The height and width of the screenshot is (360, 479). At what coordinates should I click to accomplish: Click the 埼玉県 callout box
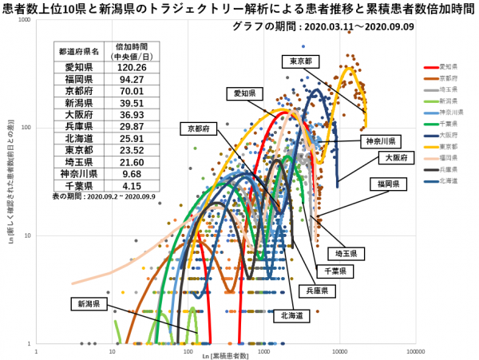pos(347,253)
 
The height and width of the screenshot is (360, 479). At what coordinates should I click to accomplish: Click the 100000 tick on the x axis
pos(415,350)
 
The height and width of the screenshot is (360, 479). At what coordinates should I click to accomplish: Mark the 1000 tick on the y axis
pos(26,20)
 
